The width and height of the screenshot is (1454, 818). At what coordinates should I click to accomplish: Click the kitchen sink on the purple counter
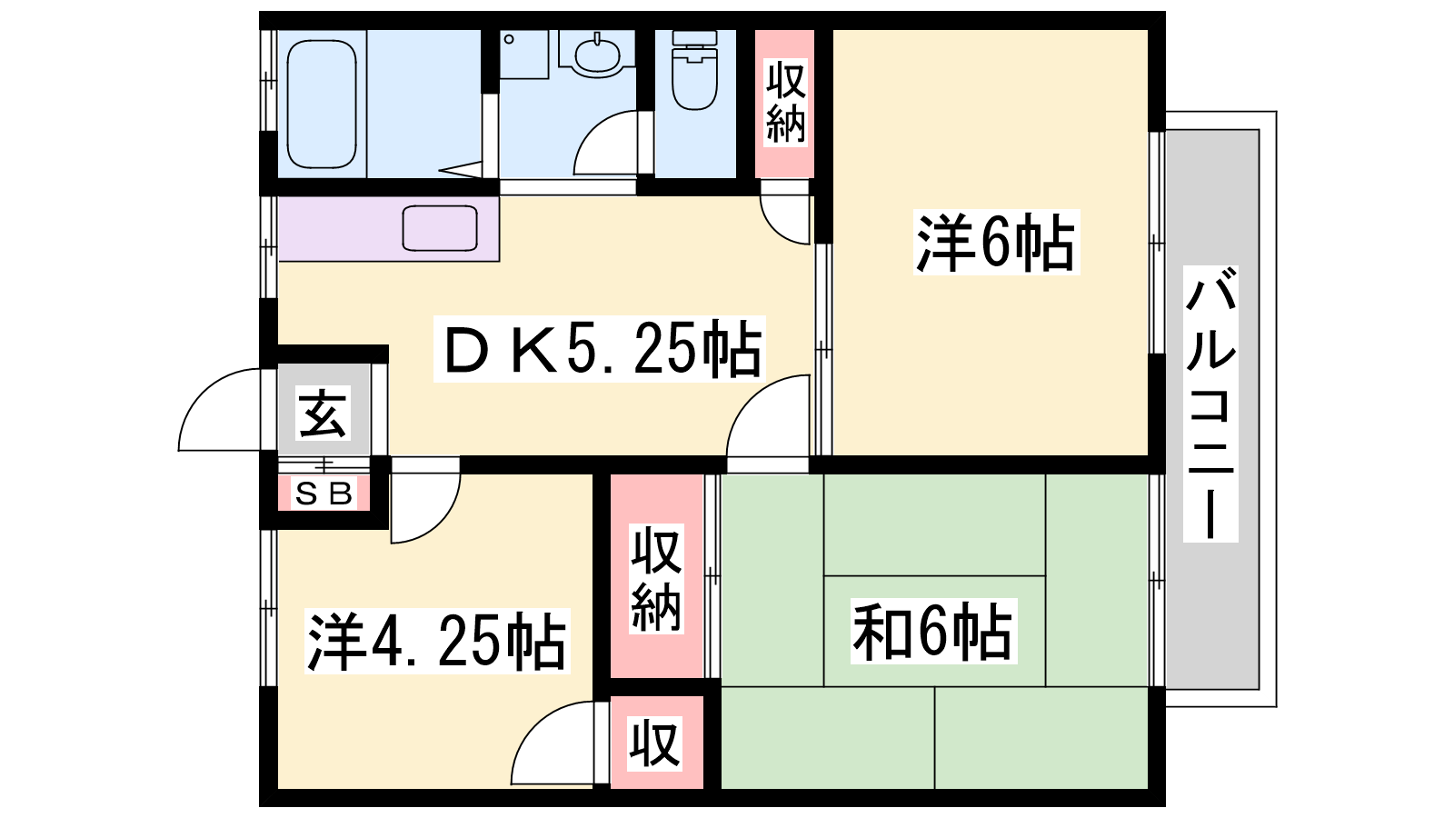click(440, 228)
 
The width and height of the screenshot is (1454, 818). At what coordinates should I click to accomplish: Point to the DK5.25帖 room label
click(600, 349)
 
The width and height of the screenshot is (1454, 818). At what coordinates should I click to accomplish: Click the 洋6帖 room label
click(996, 242)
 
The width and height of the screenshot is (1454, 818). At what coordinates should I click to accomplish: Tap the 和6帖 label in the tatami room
click(932, 631)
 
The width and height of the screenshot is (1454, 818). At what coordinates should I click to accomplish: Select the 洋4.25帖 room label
click(437, 641)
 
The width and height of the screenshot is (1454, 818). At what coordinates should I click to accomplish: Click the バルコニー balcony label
click(1210, 404)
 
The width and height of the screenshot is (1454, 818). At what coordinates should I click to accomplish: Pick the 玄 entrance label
click(324, 413)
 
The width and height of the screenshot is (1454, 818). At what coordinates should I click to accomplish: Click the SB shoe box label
click(324, 494)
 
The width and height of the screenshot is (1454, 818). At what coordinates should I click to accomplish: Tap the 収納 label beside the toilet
click(785, 103)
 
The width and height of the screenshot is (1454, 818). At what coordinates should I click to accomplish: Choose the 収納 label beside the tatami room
click(656, 579)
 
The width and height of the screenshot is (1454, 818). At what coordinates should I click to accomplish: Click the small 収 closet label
click(655, 743)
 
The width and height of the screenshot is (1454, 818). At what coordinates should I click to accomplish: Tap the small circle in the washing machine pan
click(509, 39)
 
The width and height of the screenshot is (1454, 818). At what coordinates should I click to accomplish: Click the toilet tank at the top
click(694, 37)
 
